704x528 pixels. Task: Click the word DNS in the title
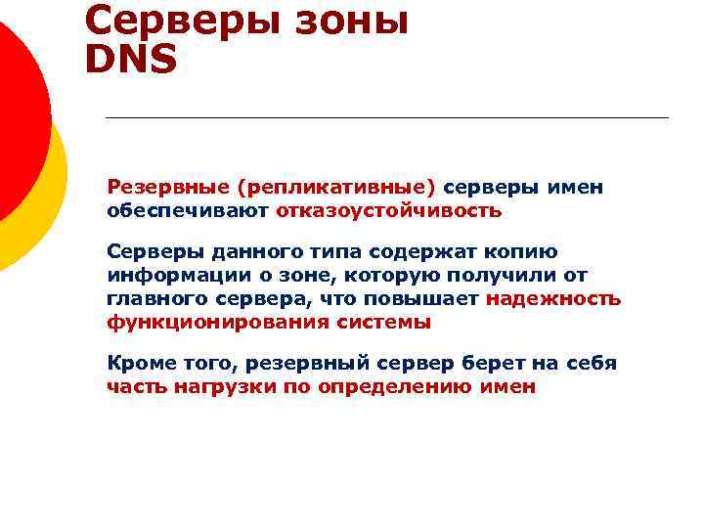click(131, 60)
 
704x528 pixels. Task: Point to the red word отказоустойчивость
click(388, 210)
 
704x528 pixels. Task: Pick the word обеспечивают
click(188, 210)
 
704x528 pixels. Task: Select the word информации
click(167, 276)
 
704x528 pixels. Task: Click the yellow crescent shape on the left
click(49, 205)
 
